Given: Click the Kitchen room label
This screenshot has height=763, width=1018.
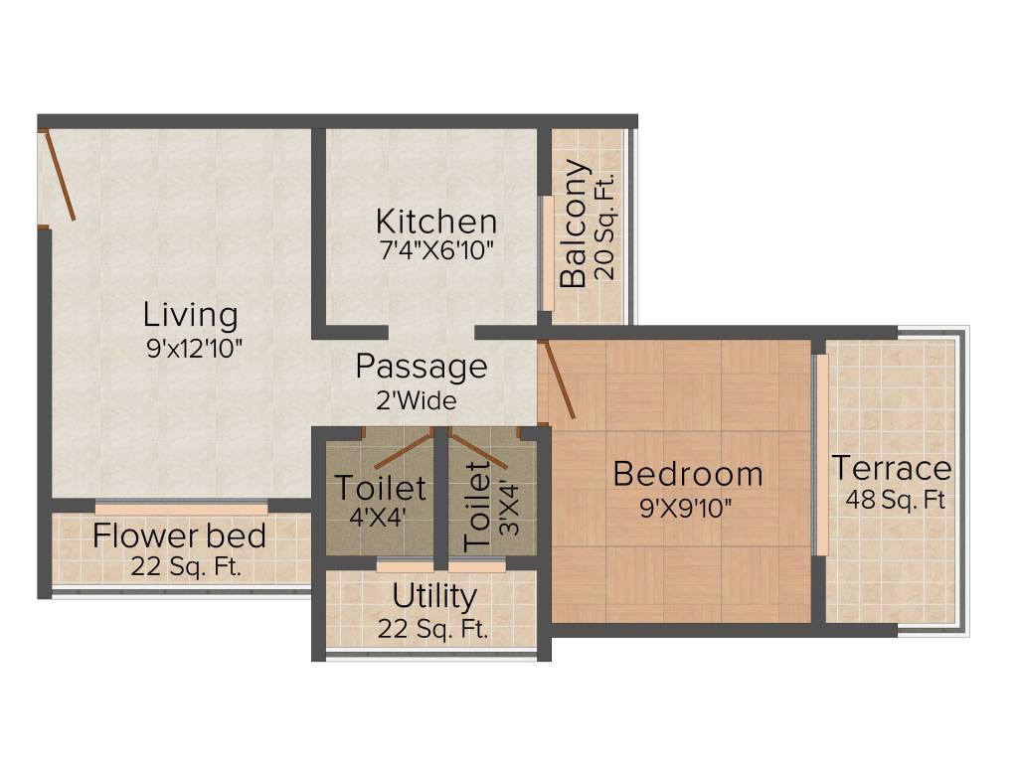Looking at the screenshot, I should (x=435, y=220).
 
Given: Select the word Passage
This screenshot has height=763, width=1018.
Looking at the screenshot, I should (x=422, y=367).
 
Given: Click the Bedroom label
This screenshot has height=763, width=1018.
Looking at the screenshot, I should (x=687, y=474).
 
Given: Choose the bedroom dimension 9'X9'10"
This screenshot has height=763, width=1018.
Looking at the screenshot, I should (x=687, y=509).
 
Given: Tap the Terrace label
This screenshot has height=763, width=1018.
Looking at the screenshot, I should (x=892, y=467).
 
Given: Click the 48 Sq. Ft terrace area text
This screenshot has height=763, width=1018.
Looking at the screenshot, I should (x=895, y=500).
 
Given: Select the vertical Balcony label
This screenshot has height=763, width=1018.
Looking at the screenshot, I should (x=574, y=225).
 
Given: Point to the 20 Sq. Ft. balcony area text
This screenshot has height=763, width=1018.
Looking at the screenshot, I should (x=605, y=225).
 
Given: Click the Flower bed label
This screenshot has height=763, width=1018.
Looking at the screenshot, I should (x=179, y=536).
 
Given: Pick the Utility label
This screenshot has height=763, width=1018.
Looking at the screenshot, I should (x=433, y=597).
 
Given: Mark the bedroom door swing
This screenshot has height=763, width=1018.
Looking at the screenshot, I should (x=558, y=380).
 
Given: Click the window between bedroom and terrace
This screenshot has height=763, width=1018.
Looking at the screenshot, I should (x=821, y=455).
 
